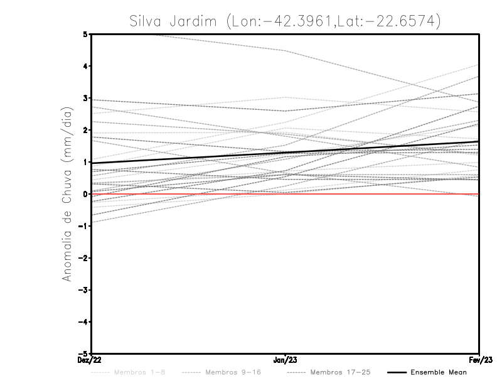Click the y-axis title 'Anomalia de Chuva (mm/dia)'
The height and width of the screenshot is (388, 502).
pyautogui.click(x=66, y=194)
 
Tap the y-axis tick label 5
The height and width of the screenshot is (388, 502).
pyautogui.click(x=85, y=35)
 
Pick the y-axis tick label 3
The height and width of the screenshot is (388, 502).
pyautogui.click(x=85, y=99)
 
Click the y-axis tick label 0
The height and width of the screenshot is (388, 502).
pyautogui.click(x=85, y=194)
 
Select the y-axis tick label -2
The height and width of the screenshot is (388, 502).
pyautogui.click(x=83, y=258)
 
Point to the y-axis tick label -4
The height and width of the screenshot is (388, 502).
pyautogui.click(x=83, y=321)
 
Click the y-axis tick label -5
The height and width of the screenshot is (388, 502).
pyautogui.click(x=83, y=353)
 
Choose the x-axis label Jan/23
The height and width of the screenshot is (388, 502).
pyautogui.click(x=286, y=360)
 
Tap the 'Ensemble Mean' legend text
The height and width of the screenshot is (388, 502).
pyautogui.click(x=439, y=372)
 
